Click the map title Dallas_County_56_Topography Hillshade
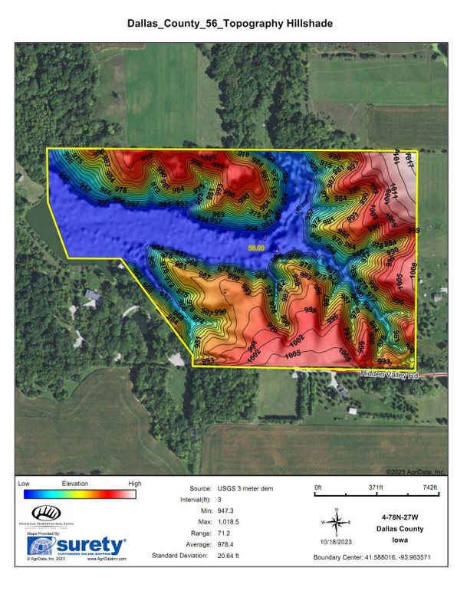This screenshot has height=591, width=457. [229, 25]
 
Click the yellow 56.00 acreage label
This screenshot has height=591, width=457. [255, 248]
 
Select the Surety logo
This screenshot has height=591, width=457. [77, 545]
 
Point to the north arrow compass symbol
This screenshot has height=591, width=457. [335, 522]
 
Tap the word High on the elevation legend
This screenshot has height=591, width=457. [135, 484]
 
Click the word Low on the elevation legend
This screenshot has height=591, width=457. [23, 484]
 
